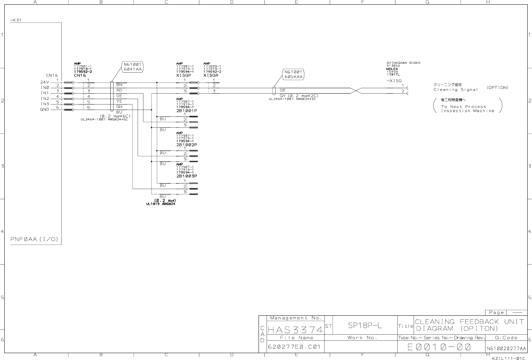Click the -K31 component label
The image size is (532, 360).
(x=16, y=20)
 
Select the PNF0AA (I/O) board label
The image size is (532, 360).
(x=34, y=240)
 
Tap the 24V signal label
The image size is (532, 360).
(x=45, y=82)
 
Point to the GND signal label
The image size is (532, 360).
(x=45, y=109)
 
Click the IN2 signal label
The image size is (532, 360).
(x=45, y=98)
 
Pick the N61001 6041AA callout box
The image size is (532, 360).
(x=133, y=66)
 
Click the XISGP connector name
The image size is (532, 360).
(x=184, y=75)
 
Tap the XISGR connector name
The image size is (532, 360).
(x=211, y=75)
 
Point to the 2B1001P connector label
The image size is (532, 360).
(x=187, y=111)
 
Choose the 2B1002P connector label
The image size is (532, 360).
(x=187, y=145)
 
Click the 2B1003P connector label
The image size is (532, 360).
(x=187, y=176)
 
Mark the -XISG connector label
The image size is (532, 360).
(x=394, y=81)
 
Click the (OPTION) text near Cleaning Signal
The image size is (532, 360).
(x=498, y=88)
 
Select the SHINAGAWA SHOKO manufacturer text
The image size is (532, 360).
(x=403, y=63)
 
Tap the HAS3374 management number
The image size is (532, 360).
(x=295, y=330)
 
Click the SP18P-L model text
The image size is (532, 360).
(x=365, y=326)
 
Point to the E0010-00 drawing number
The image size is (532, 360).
(x=439, y=347)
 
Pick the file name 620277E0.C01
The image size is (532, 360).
(x=294, y=347)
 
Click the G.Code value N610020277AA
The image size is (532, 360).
(x=506, y=349)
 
